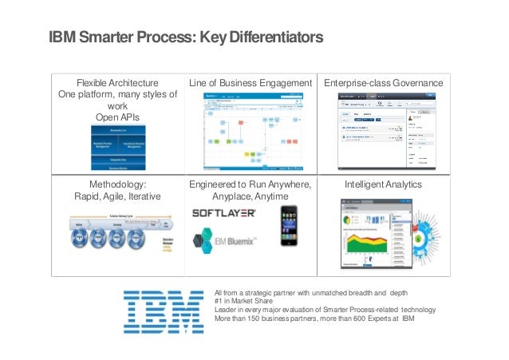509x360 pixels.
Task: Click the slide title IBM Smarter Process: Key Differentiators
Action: point(186,38)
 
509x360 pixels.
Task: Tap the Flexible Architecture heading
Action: point(117,83)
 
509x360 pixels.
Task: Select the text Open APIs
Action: point(117,117)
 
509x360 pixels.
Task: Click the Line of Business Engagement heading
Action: point(251,83)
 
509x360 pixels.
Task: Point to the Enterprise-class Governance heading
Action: point(383,83)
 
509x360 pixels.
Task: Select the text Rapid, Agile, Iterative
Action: point(117,196)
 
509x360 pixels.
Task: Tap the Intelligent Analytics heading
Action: point(383,184)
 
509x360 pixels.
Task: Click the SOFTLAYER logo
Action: point(224,213)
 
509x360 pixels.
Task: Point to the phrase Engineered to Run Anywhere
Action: point(251,184)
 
